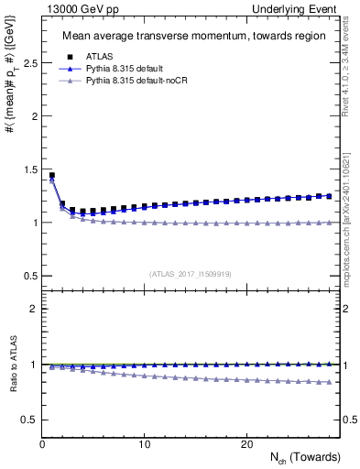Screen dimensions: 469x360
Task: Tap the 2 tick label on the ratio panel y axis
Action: coord(32,309)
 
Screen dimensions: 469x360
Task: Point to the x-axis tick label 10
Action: coord(145,444)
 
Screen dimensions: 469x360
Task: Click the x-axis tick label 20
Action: coord(246,444)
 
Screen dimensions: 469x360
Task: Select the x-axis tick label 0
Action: coord(43,444)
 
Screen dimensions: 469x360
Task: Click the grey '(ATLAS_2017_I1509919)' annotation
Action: coord(190,274)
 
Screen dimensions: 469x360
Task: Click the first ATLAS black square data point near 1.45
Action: coord(52,175)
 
